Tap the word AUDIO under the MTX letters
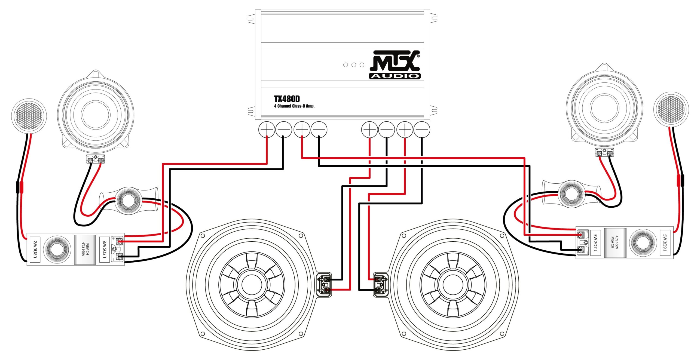coord(395,76)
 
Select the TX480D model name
coord(287,99)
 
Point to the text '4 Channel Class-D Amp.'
coord(294,106)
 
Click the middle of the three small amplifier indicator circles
coord(354,65)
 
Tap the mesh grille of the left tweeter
coord(29,116)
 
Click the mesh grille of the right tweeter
coord(671,109)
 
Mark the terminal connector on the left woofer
coord(324,285)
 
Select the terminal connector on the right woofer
coord(380,285)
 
